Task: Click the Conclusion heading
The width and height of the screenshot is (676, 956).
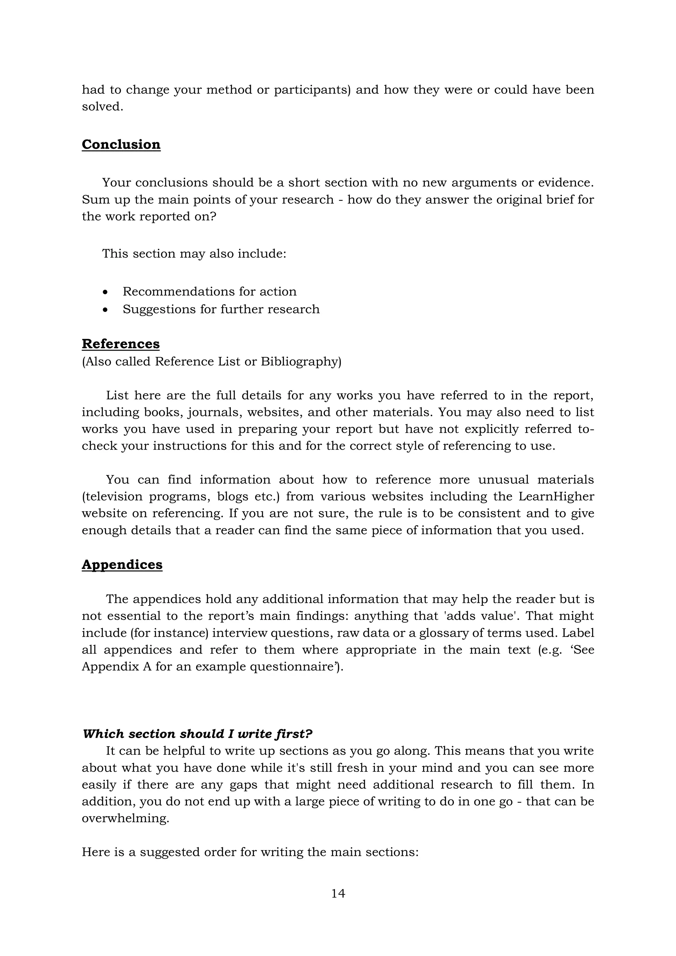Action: point(121,145)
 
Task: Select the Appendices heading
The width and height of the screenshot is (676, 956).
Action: point(122,564)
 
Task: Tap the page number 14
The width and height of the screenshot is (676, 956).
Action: point(338,893)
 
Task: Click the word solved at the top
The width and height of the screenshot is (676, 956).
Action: point(102,107)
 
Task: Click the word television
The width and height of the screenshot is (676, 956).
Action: point(112,497)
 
